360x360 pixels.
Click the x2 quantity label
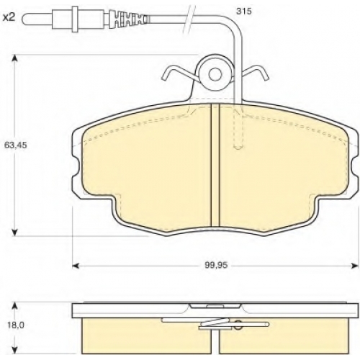9,17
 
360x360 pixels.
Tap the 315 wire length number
244,12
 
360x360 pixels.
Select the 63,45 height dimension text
16,145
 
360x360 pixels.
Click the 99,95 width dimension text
216,265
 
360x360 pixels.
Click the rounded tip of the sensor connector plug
24,19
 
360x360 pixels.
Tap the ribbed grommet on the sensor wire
127,19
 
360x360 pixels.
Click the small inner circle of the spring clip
215,74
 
